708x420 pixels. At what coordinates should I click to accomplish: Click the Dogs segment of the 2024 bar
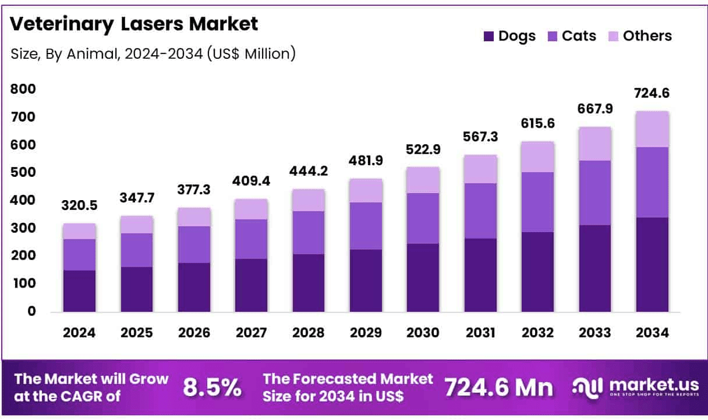pos(80,291)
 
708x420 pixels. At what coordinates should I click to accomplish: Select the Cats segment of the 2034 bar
pos(652,182)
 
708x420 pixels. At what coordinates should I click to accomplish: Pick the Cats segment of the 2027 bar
pos(252,239)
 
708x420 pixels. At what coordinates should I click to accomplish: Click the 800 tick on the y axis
pos(23,90)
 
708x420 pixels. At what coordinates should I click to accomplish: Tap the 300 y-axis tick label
pos(23,228)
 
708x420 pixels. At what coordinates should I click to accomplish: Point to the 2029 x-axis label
pos(366,333)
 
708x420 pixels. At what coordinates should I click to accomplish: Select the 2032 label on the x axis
pos(537,333)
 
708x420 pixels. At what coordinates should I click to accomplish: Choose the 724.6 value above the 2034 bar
pos(652,93)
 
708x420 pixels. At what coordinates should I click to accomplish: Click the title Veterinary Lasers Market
pos(134,24)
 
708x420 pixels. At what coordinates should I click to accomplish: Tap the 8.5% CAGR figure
pos(212,387)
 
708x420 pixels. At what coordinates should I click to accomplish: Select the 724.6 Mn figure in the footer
pos(499,387)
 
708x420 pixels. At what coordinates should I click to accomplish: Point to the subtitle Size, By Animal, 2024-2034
pos(153,54)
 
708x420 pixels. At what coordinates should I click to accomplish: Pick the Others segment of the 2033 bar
pos(595,144)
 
